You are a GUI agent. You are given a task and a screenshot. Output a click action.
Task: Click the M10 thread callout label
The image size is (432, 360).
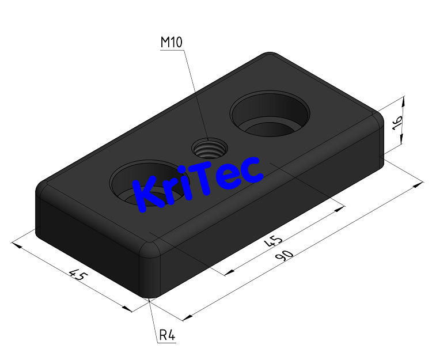pyautogui.click(x=172, y=42)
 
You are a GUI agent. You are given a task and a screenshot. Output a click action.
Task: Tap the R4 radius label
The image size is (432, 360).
pyautogui.click(x=167, y=335)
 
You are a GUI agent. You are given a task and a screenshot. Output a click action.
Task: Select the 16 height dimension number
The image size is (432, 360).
pyautogui.click(x=397, y=123)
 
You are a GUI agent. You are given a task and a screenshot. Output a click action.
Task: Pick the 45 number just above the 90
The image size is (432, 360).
pyautogui.click(x=273, y=241)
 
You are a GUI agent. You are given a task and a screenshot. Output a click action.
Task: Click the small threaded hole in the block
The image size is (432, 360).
pyautogui.click(x=210, y=149)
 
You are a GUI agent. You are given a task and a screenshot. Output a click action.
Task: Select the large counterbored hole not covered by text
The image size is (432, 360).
pyautogui.click(x=270, y=113)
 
